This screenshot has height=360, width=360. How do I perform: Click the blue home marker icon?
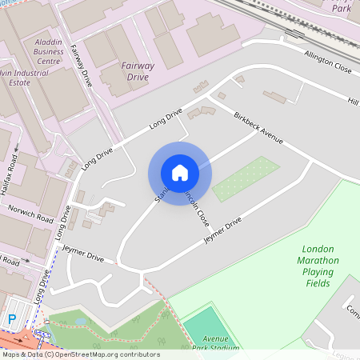[179, 172]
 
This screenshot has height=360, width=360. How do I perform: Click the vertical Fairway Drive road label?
[82, 66]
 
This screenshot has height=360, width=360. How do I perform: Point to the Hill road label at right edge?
[352, 100]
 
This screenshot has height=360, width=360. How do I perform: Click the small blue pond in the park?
[81, 321]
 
